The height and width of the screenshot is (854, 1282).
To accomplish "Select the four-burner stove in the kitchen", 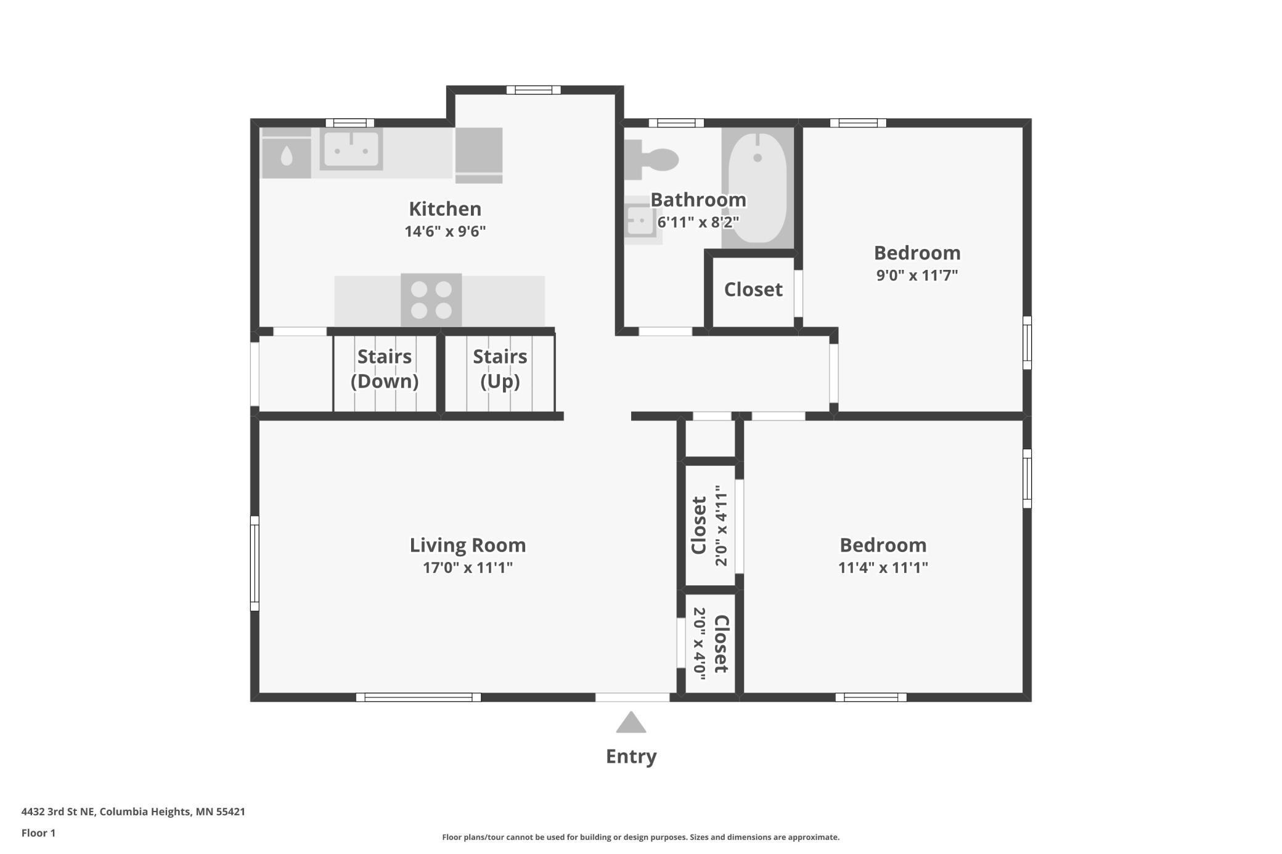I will click(x=431, y=300).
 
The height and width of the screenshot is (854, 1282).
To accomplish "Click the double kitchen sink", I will click(x=351, y=149).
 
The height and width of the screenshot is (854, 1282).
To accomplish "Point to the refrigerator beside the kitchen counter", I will click(x=479, y=155).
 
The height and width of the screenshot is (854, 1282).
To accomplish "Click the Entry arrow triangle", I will click(x=631, y=723).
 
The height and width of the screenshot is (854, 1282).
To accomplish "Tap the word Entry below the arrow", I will click(x=631, y=756).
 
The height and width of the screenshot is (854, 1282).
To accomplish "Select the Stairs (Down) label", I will click(x=385, y=368).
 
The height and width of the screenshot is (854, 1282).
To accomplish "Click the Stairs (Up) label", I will click(x=500, y=368).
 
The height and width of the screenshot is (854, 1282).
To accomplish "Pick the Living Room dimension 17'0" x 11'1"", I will click(x=467, y=567).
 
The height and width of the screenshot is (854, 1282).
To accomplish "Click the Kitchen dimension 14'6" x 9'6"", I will click(x=445, y=232).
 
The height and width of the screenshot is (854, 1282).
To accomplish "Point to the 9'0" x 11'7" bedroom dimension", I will click(x=917, y=275).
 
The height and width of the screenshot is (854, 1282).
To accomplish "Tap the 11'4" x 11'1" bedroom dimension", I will click(x=883, y=567).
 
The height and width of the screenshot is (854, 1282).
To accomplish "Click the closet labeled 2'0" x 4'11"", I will click(x=710, y=525).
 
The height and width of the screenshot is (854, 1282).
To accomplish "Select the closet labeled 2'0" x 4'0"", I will click(x=710, y=644).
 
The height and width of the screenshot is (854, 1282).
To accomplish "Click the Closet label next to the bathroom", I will click(x=753, y=290).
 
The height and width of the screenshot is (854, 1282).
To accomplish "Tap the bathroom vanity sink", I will click(x=640, y=220).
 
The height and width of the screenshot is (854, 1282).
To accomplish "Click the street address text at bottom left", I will click(x=133, y=811).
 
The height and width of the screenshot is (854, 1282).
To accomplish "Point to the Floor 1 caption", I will click(x=38, y=833).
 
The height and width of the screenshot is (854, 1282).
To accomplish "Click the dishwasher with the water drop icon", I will click(x=286, y=155).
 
